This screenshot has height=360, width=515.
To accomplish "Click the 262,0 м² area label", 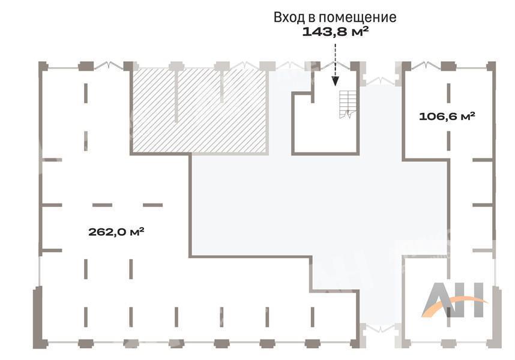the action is (x=116, y=232).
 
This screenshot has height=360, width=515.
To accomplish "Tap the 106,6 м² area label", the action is (x=447, y=116).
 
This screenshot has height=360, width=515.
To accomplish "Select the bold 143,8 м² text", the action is (x=335, y=32).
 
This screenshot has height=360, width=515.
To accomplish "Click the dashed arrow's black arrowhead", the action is (x=335, y=81).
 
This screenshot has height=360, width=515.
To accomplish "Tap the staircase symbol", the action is (x=348, y=104).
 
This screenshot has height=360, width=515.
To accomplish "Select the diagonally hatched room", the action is (x=199, y=110).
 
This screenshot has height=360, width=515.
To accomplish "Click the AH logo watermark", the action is (x=454, y=300).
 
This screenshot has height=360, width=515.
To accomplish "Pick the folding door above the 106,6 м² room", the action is (x=426, y=65).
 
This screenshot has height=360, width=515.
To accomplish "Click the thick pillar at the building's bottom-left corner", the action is (x=37, y=317).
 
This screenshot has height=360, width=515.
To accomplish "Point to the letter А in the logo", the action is (x=436, y=300).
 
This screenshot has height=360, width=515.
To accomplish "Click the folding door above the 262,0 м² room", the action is (x=109, y=65).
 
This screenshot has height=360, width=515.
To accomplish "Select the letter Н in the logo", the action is (x=472, y=300).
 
